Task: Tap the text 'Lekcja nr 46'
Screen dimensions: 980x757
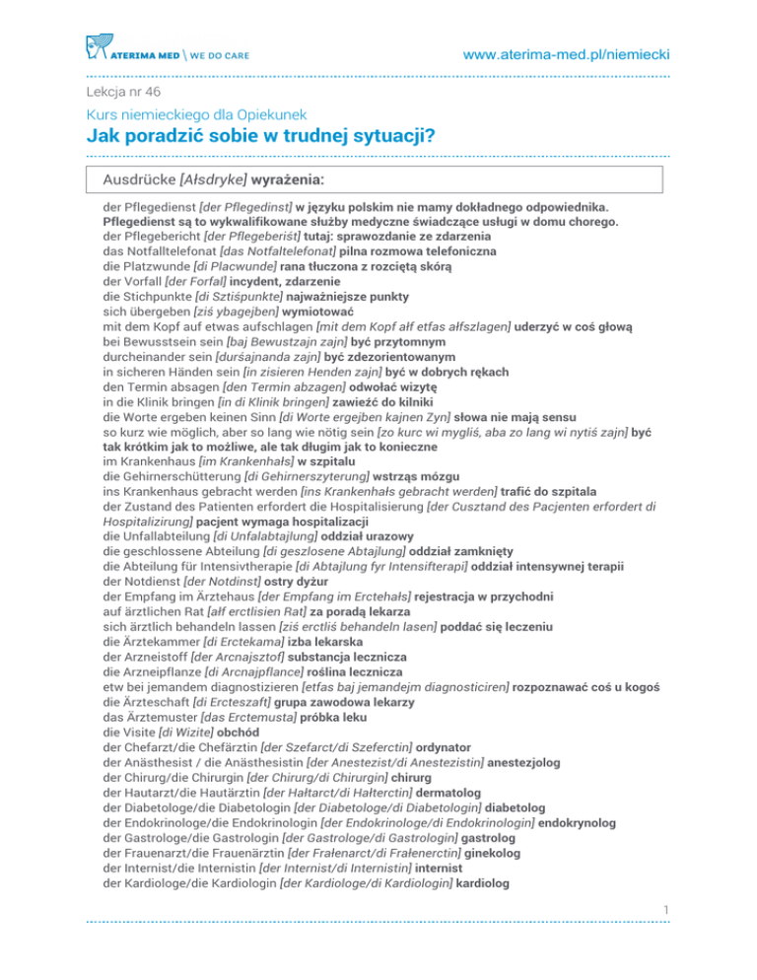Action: (122, 92)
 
